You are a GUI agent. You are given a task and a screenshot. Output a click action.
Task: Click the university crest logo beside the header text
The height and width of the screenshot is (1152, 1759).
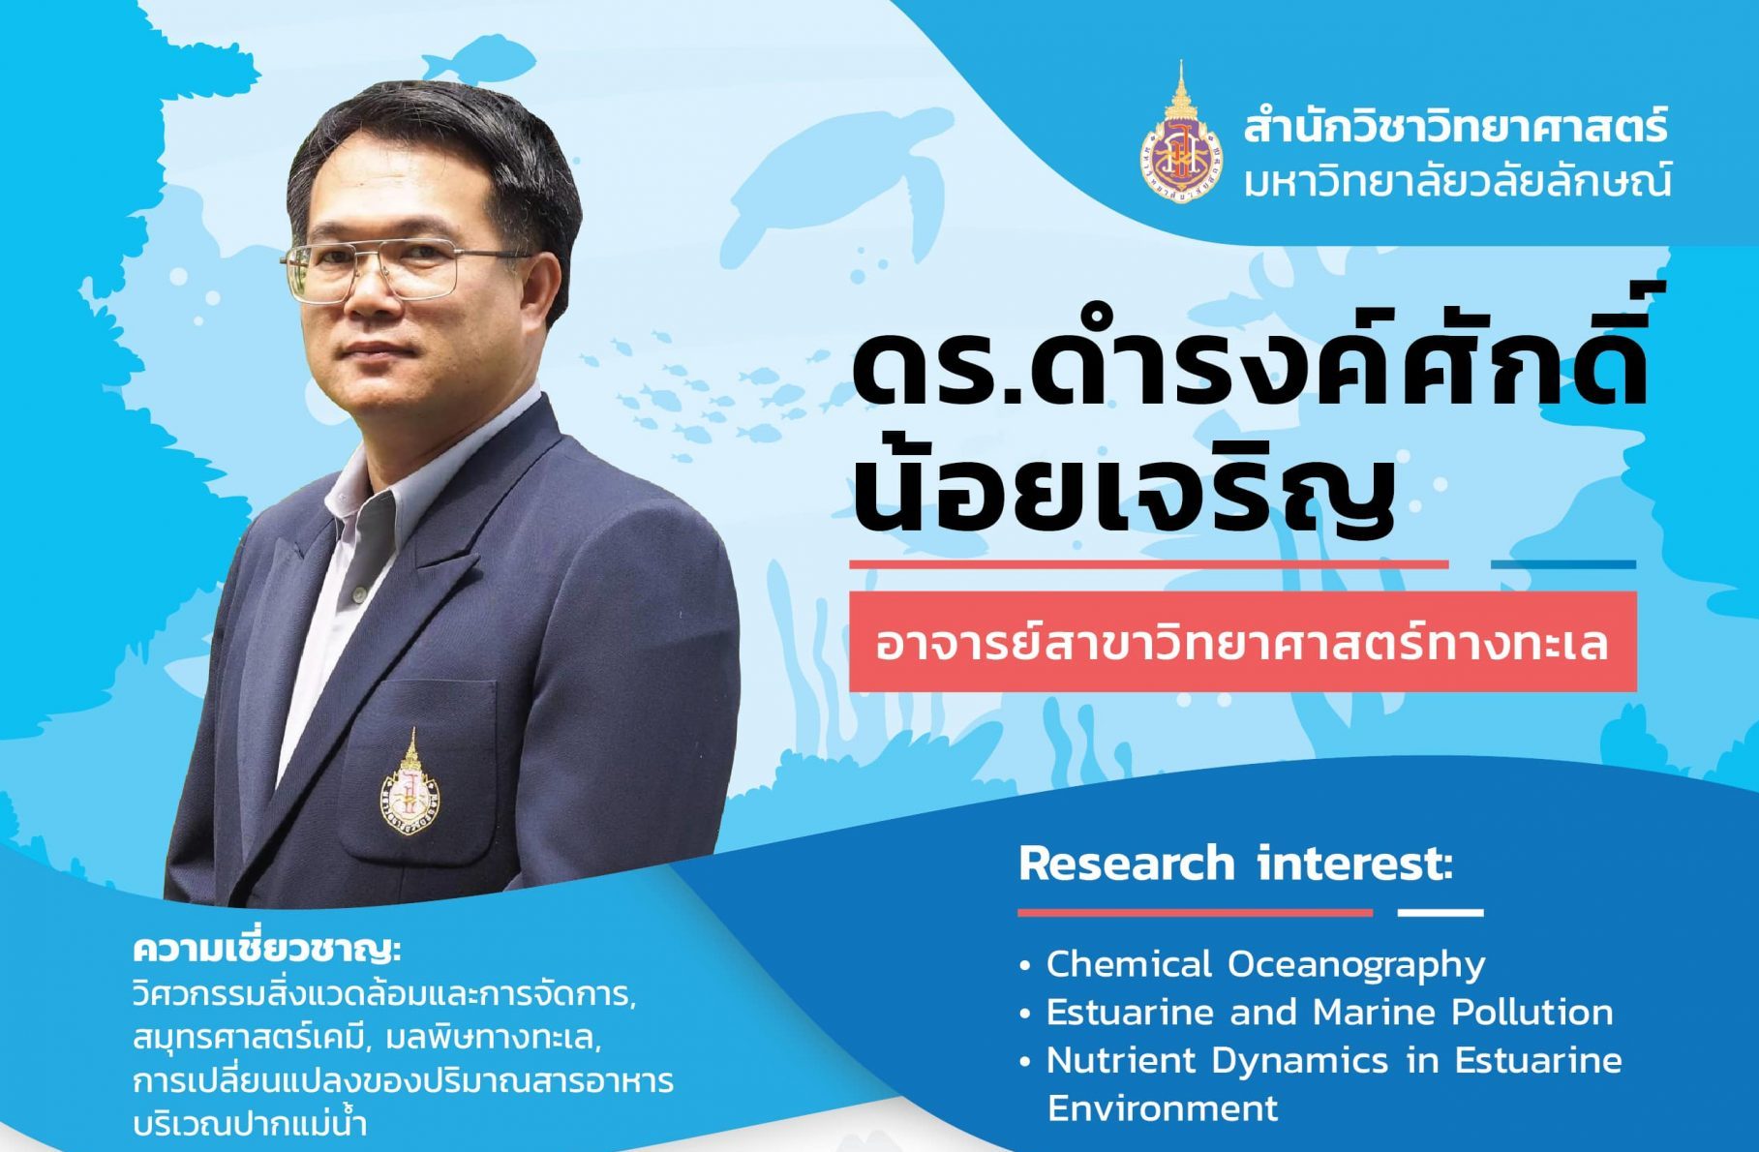(x=1181, y=133)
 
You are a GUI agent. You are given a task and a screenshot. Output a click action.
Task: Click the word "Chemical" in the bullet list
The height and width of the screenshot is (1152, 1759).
(x=1130, y=964)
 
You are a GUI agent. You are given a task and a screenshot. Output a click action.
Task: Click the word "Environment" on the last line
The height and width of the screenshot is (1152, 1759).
(x=1163, y=1108)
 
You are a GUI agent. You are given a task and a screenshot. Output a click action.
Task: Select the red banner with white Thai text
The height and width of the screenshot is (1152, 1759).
(x=1243, y=642)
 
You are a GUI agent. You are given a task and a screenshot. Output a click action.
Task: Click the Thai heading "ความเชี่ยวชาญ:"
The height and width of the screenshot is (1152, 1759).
(x=267, y=950)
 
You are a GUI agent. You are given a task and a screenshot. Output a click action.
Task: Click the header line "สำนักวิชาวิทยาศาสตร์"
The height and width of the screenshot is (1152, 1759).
(x=1457, y=128)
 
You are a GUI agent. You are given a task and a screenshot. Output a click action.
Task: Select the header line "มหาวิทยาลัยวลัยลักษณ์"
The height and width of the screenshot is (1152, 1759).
(x=1457, y=180)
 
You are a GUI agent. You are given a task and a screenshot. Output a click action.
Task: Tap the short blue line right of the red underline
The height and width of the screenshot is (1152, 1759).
(x=1563, y=564)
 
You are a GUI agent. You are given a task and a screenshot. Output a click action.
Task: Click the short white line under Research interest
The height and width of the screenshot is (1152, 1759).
(x=1441, y=912)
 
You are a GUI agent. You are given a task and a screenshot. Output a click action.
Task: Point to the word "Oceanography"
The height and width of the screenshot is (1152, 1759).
(x=1357, y=965)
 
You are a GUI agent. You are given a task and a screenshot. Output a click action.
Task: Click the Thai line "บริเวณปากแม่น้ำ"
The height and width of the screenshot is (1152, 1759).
(x=251, y=1126)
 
